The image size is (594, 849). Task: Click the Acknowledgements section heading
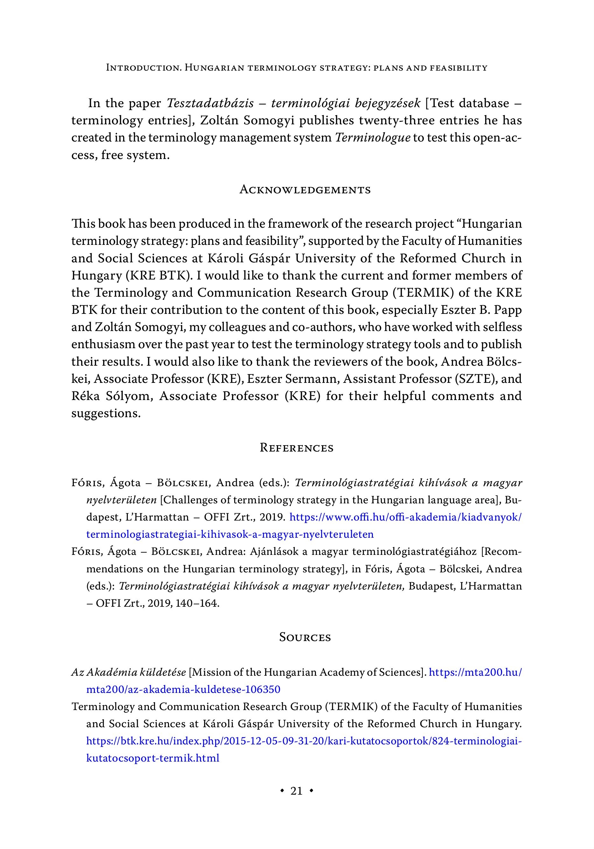click(305, 190)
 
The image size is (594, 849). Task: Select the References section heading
click(297, 448)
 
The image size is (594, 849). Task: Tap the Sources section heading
click(305, 637)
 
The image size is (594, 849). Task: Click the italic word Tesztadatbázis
click(210, 103)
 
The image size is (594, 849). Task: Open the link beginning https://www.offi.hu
click(405, 517)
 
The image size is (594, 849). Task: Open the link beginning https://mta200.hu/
click(475, 672)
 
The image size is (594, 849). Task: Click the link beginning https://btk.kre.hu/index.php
click(304, 741)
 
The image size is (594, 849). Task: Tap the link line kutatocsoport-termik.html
click(152, 758)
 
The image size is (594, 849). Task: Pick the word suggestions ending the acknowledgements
click(106, 413)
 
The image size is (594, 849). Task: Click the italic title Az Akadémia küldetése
click(129, 672)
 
